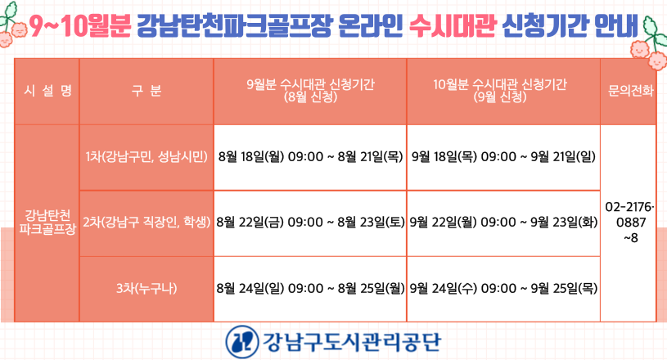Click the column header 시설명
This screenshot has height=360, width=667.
(47, 91)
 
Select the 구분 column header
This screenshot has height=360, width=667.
(146, 91)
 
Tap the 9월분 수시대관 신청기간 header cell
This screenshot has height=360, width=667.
(310, 91)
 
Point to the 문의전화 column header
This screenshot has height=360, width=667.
(630, 91)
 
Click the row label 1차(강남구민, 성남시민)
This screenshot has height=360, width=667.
(146, 157)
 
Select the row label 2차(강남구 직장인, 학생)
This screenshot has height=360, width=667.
(146, 222)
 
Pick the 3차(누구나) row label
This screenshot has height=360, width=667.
(146, 289)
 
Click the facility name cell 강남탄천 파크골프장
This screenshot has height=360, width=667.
(47, 222)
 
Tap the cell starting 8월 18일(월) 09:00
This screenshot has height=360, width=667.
(310, 157)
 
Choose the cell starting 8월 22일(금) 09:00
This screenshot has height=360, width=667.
(310, 222)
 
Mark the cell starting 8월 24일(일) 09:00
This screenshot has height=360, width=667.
(310, 289)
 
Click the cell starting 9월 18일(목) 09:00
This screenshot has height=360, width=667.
(503, 157)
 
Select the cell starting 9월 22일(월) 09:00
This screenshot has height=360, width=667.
(503, 222)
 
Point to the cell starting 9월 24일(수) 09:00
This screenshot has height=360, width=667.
(503, 289)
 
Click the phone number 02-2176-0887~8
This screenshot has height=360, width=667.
(630, 223)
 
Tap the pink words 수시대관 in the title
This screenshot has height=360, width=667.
(453, 25)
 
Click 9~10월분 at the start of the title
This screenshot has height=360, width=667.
(80, 25)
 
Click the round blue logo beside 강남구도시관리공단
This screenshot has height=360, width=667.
(242, 342)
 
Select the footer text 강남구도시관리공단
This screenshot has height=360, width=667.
(352, 342)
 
